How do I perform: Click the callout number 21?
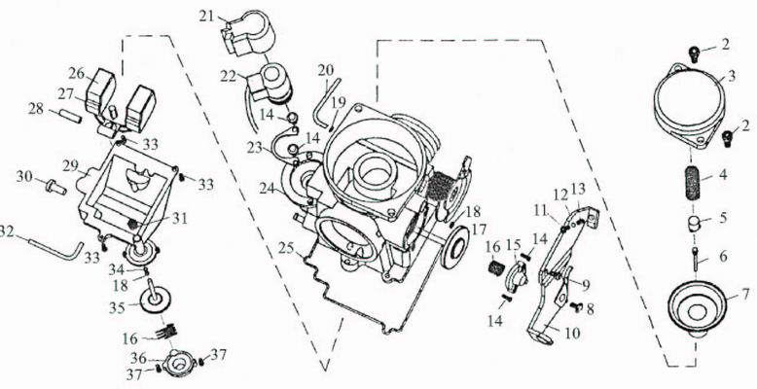[206, 16]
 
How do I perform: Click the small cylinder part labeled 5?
[694, 224]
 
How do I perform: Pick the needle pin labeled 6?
[696, 260]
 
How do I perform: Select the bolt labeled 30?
[55, 187]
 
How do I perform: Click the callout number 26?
[76, 74]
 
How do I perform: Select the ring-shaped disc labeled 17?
[455, 246]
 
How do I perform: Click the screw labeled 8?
[576, 305]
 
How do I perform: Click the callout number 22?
[228, 76]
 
